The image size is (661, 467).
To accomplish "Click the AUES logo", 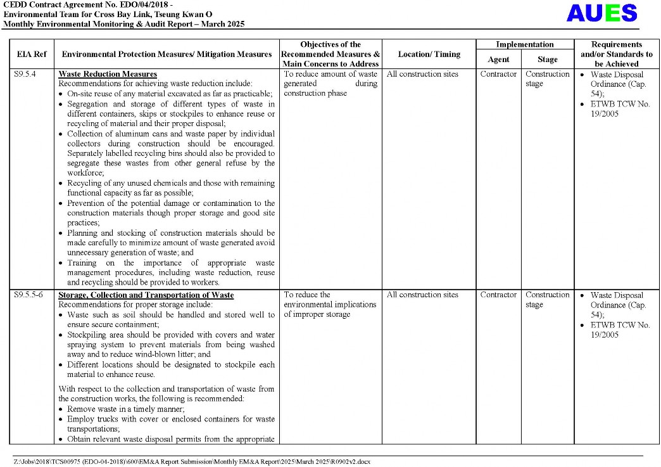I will (x=601, y=13).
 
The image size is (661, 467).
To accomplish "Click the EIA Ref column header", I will (x=31, y=54).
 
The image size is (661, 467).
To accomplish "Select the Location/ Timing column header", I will (x=429, y=54).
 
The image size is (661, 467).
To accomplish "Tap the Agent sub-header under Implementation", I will (x=498, y=60).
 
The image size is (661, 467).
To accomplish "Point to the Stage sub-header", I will (x=548, y=60).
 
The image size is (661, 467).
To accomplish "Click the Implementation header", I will (x=524, y=44).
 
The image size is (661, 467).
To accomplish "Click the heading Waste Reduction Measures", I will (x=108, y=74).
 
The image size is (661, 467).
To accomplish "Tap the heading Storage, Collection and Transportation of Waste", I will (x=146, y=295).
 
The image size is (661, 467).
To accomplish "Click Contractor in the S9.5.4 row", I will (x=498, y=74).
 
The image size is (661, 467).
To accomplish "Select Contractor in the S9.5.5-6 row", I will (x=498, y=295).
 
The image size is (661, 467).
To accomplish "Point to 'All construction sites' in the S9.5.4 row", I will (x=422, y=74).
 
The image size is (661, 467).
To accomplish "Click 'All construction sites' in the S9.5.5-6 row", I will (x=422, y=295).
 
